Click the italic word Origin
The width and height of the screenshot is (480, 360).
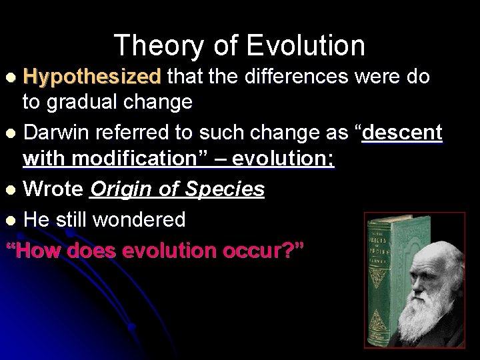pos(123,190)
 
